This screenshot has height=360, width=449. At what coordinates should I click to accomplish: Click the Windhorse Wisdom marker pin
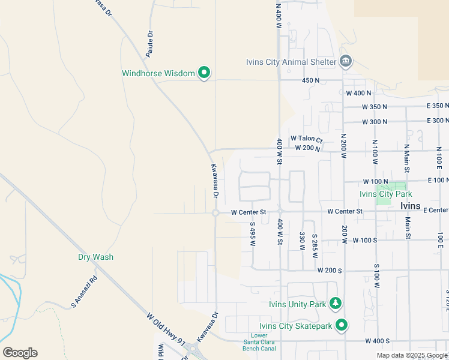point(204,73)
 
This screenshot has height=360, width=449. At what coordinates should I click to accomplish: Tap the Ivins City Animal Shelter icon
point(346,61)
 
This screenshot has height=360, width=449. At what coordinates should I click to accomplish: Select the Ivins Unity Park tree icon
point(337,304)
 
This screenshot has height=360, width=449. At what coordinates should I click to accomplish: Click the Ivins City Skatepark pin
point(342,326)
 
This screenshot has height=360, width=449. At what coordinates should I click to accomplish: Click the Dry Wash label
point(95,257)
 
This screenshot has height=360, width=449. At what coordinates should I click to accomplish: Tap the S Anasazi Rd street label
point(84,292)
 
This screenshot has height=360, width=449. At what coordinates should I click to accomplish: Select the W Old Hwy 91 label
point(165,329)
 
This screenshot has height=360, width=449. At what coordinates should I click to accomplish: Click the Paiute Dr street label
point(150,44)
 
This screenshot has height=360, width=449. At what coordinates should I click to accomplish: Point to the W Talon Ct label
point(307,139)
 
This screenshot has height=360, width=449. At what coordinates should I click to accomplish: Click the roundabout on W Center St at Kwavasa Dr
point(215,212)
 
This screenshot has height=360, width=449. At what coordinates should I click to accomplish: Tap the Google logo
point(20,353)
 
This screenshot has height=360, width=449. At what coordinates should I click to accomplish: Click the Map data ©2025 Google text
point(412,355)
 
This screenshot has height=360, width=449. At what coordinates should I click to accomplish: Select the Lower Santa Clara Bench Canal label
point(259,342)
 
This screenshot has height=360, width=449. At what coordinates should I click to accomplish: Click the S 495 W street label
point(253,234)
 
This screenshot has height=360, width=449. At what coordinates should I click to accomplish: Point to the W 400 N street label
point(358,93)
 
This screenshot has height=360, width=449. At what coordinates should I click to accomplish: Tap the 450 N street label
point(310,80)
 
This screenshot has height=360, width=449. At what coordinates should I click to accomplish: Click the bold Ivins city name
point(410,205)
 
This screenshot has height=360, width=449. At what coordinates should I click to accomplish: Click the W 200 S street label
point(330,271)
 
